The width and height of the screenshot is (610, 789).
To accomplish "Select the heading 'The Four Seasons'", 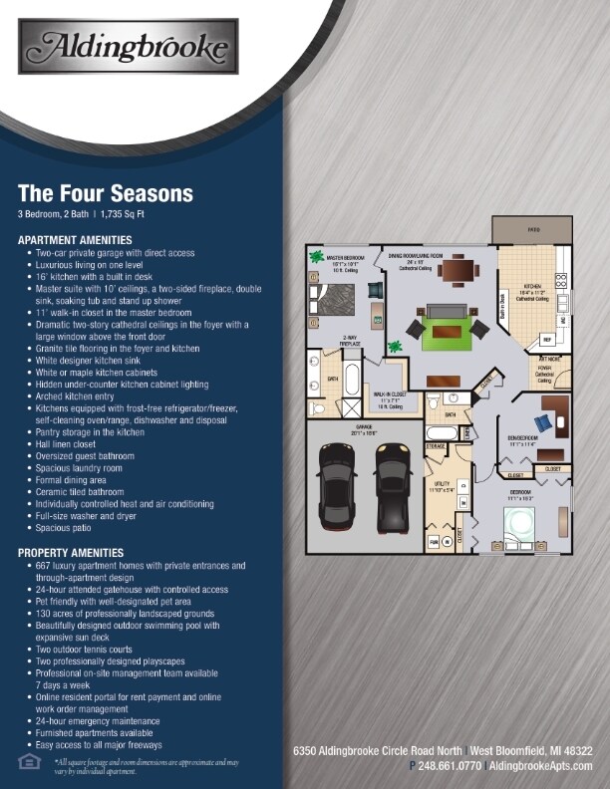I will pyautogui.click(x=106, y=193).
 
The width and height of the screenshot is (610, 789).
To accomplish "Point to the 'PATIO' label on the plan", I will pyautogui.click(x=533, y=229).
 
